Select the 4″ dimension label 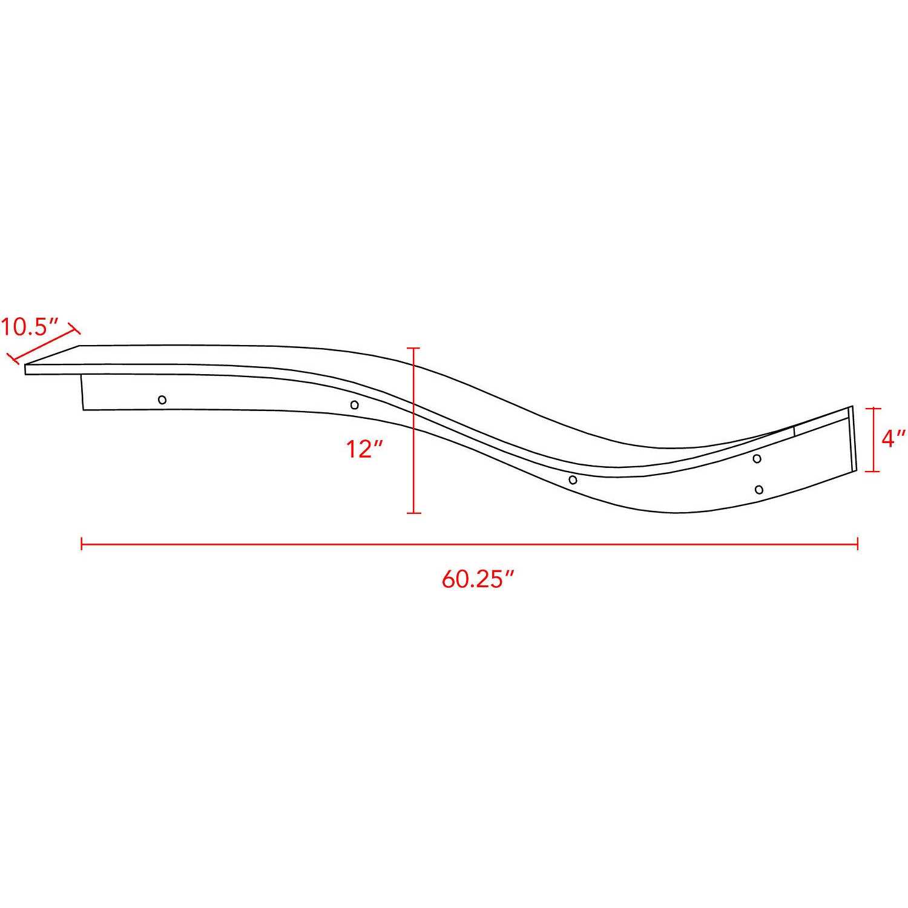click(x=893, y=438)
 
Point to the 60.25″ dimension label click(x=478, y=579)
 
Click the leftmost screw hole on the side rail click(x=162, y=400)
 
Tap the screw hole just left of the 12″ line click(x=355, y=405)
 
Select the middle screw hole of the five click(x=573, y=480)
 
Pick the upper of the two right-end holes click(x=757, y=458)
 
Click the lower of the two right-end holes click(x=759, y=489)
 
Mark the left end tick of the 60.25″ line click(x=82, y=544)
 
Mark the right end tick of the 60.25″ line click(x=857, y=544)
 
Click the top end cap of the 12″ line click(x=413, y=348)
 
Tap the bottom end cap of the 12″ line click(x=413, y=513)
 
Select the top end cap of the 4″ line click(x=872, y=409)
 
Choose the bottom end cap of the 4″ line click(x=872, y=471)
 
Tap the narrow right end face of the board click(x=854, y=439)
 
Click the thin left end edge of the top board click(x=26, y=369)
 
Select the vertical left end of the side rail click(x=82, y=392)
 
